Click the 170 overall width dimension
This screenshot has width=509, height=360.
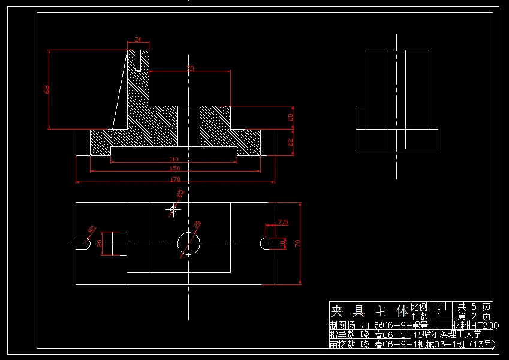[174, 179]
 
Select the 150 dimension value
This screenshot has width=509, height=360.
[174, 169]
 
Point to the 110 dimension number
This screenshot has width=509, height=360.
[174, 159]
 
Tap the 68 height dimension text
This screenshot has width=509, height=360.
[47, 89]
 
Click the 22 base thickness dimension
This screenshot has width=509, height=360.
[290, 142]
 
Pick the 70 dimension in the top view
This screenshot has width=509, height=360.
[296, 243]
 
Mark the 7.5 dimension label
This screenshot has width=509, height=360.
[283, 222]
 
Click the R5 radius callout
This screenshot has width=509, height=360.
[92, 229]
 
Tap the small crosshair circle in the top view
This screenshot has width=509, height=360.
[174, 209]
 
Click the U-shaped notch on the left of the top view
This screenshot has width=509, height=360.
[82, 244]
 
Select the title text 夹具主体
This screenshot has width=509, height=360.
[369, 311]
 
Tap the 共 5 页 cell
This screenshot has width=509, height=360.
[474, 306]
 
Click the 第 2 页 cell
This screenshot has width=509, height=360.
[474, 316]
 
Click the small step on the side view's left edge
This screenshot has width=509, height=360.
[360, 118]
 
